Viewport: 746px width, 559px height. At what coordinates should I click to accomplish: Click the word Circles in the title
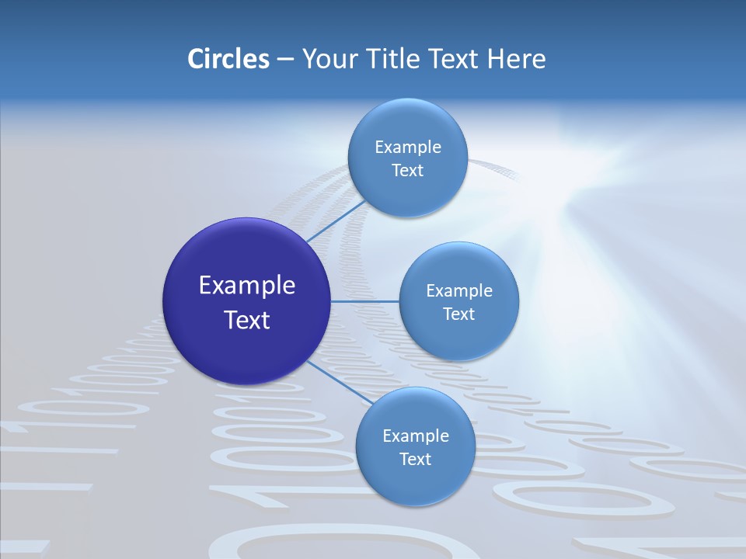click(228, 59)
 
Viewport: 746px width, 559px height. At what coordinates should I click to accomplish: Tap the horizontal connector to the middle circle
click(364, 301)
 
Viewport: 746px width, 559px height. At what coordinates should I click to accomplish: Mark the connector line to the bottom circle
click(340, 383)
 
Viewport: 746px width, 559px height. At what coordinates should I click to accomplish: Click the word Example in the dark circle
click(247, 286)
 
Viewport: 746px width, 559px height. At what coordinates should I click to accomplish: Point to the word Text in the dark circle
click(247, 320)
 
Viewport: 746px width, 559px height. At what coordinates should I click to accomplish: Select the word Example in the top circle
click(407, 147)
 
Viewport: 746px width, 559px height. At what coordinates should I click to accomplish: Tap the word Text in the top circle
click(407, 171)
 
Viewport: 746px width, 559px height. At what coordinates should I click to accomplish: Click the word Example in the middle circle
click(459, 290)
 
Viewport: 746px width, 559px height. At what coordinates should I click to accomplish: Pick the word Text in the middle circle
click(459, 314)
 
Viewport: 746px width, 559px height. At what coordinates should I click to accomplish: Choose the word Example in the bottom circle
click(415, 436)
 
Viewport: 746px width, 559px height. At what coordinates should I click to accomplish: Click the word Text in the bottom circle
click(415, 460)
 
